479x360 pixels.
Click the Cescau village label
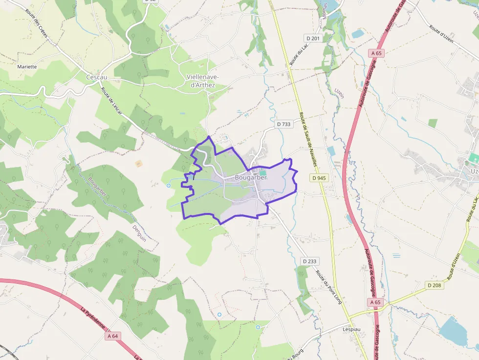point(96,77)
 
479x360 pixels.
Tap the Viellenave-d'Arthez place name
point(203,81)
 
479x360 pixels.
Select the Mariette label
point(27,66)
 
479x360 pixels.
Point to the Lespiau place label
point(351,329)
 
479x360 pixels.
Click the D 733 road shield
point(283,124)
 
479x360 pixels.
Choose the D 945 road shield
point(318,178)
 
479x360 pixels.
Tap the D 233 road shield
point(309,261)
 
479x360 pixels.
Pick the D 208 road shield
point(434,285)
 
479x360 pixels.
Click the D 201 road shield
point(313,38)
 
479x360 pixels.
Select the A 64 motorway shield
point(112,336)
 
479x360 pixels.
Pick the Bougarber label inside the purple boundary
point(251,178)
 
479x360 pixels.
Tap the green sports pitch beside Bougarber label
point(263,172)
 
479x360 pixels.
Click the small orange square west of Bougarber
point(138,163)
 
